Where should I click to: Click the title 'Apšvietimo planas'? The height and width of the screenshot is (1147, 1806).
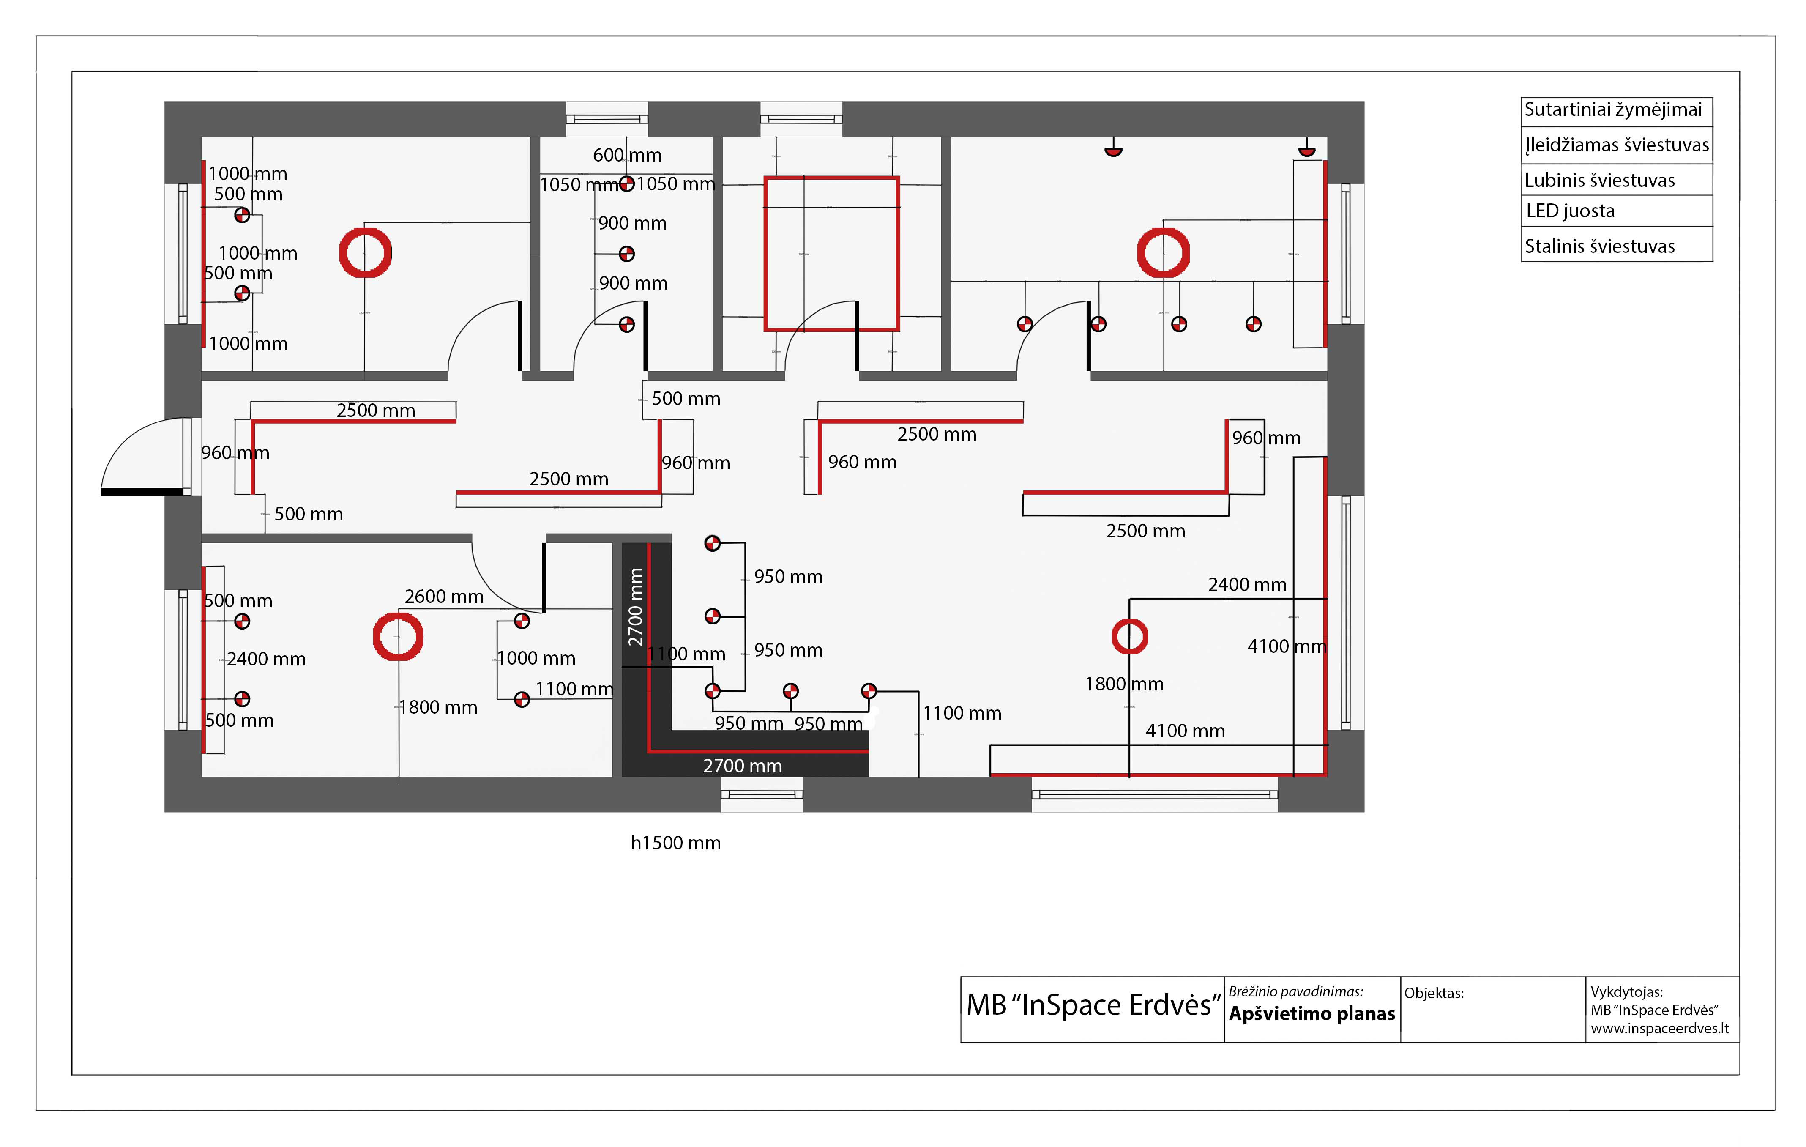tap(1312, 1013)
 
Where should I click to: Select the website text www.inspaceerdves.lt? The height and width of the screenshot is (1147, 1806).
tap(1660, 1029)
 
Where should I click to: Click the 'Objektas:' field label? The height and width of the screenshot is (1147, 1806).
tap(1433, 993)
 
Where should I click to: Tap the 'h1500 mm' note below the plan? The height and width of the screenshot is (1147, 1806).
tap(676, 843)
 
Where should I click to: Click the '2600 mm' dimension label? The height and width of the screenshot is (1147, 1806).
tap(444, 597)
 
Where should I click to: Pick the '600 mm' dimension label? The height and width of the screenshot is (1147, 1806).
tap(627, 155)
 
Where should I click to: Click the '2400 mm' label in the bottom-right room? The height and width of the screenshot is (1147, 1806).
tap(1247, 584)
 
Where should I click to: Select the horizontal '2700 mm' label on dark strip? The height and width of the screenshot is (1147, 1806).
tap(743, 766)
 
